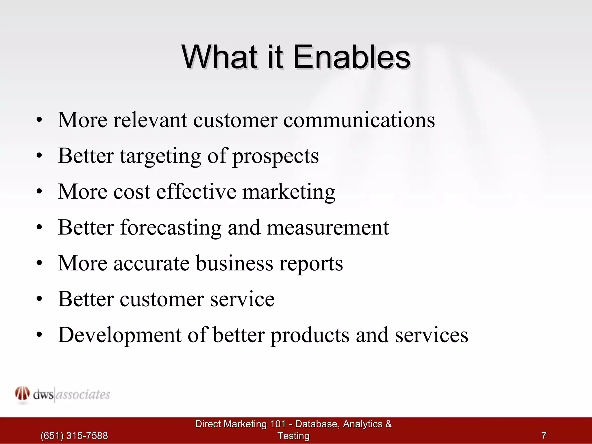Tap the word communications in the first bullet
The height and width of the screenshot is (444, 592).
tap(359, 120)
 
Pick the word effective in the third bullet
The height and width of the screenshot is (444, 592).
tap(196, 192)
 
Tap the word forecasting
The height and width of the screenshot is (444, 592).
tap(171, 228)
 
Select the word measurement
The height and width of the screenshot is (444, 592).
tap(328, 228)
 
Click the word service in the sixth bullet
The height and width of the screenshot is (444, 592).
tap(242, 299)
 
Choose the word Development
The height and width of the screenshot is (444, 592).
tap(120, 335)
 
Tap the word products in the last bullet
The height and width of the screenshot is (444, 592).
tap(310, 335)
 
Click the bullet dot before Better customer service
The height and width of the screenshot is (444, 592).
tap(40, 299)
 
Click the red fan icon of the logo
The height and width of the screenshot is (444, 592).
tap(22, 394)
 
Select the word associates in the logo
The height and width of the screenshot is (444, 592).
tap(83, 395)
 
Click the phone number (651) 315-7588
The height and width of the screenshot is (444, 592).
tap(74, 436)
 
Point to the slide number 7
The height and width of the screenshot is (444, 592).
tap(544, 435)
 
